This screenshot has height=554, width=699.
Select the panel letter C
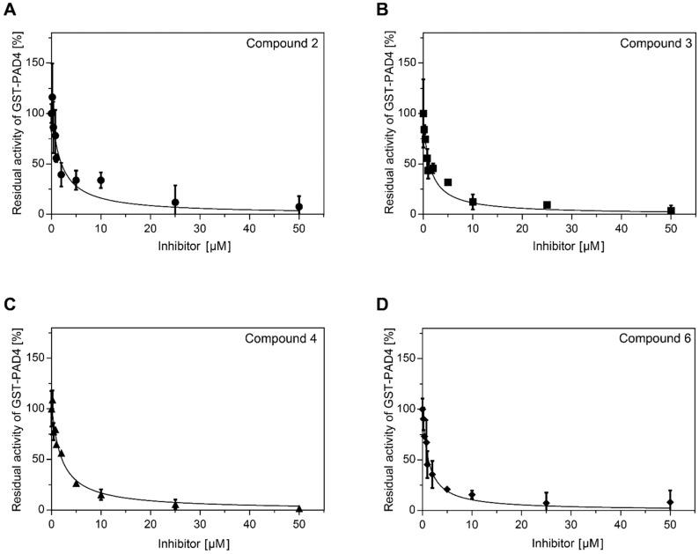coord(8,305)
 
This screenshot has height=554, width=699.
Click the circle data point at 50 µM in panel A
coord(299,207)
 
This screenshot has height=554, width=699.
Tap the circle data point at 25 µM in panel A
coord(175,203)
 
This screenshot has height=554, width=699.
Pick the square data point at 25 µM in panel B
coord(547,205)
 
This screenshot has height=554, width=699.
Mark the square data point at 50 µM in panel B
coord(671,211)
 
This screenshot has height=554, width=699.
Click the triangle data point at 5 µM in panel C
coord(76,484)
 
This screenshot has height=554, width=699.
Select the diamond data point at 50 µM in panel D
coord(671,502)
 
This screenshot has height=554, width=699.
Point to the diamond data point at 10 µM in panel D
coord(473,495)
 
